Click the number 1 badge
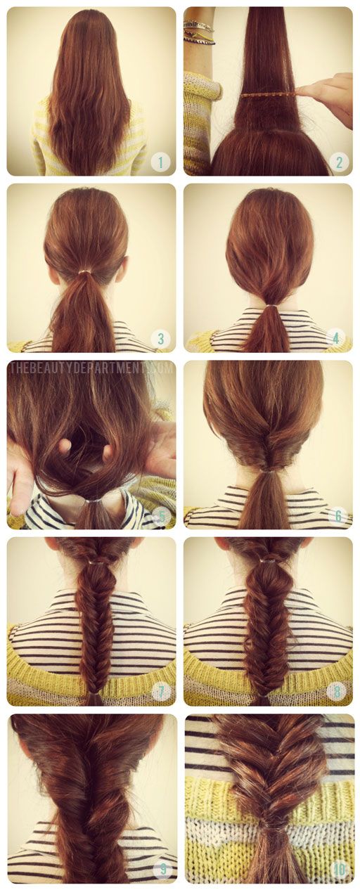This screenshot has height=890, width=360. [160, 162]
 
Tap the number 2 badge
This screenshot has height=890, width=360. [337, 162]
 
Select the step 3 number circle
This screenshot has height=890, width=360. [160, 339]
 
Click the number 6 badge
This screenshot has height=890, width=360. [337, 515]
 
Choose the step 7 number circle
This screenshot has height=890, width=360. [160, 692]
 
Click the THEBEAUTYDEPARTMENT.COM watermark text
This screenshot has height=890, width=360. [91, 368]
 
